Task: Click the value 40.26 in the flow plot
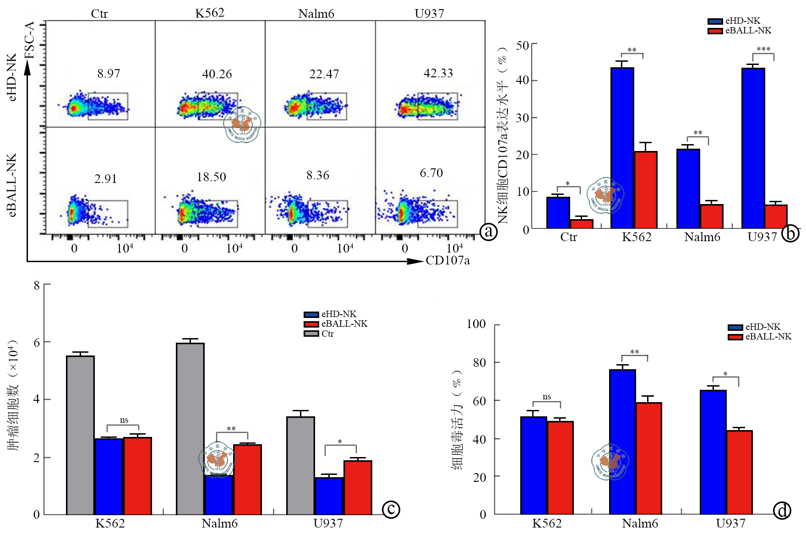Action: pos(217,74)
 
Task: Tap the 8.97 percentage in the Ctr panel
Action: pos(109,74)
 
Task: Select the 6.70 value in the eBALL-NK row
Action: pos(431,173)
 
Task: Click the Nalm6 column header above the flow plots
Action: pos(316,14)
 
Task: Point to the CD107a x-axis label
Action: pos(447,260)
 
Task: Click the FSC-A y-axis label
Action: pos(30,40)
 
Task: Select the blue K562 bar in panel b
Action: pos(622,147)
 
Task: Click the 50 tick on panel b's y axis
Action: pos(523,45)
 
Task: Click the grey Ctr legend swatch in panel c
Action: pos(311,334)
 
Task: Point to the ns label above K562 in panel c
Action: pos(124,420)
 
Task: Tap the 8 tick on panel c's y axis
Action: pos(37,285)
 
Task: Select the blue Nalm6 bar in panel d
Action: pos(622,441)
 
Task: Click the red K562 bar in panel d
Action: pos(560,468)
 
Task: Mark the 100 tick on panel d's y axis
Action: pos(476,324)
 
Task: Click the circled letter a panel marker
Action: pos(489,232)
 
